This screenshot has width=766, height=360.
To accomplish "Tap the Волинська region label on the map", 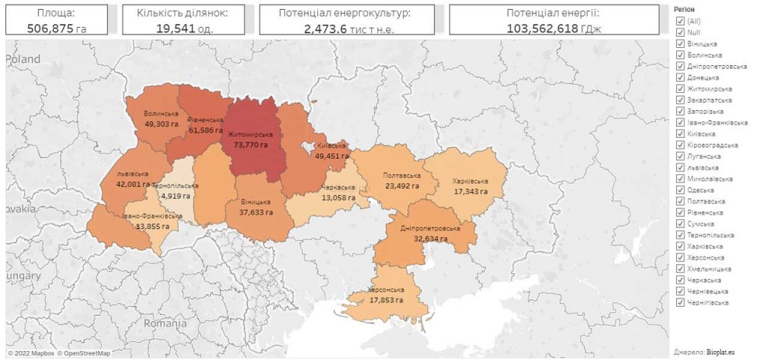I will click(x=161, y=114).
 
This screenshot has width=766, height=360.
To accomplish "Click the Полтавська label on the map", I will click(x=402, y=176).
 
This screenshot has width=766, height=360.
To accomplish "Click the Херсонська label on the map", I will click(x=387, y=290).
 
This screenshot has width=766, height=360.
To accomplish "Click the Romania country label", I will click(x=165, y=324).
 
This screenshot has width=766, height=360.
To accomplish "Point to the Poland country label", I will click(x=24, y=58).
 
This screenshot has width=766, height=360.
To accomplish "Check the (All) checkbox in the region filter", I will click(x=680, y=21).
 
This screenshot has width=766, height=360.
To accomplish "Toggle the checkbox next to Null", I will click(x=680, y=32).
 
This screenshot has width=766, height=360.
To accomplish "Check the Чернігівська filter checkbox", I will click(x=680, y=302).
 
